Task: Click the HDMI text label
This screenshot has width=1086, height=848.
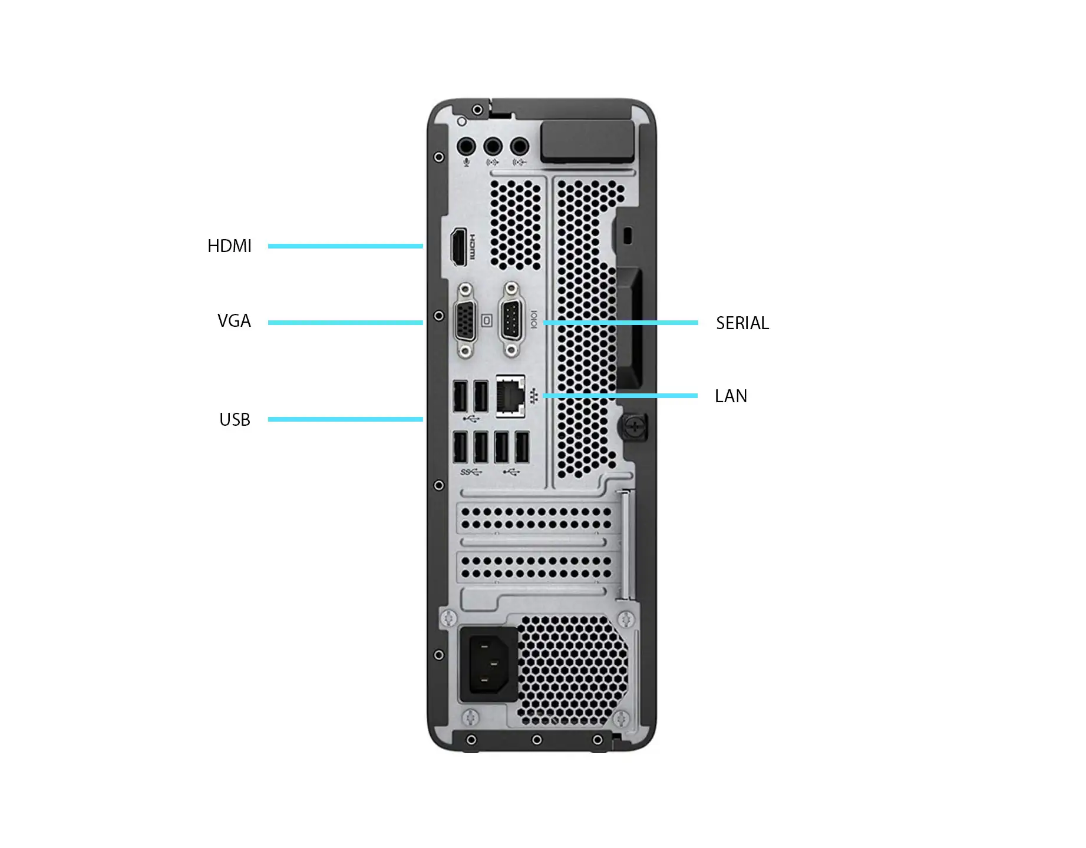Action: (229, 246)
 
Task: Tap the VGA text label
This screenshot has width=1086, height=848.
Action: (234, 321)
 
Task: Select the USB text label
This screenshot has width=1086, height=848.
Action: (235, 420)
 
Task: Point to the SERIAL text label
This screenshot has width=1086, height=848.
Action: (742, 323)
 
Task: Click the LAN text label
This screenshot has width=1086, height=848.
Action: (731, 396)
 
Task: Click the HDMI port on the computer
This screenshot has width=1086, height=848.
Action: (458, 247)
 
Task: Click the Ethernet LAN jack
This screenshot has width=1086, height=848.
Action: (510, 396)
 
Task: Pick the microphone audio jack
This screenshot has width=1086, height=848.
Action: (466, 146)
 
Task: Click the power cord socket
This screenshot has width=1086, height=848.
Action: (488, 664)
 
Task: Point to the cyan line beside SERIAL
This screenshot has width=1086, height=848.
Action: (620, 323)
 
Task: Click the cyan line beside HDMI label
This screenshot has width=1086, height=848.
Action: (345, 246)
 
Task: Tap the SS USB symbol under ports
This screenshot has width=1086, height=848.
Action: (471, 472)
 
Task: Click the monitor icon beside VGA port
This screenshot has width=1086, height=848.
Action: (487, 320)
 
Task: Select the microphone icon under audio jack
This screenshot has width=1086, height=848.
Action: (467, 162)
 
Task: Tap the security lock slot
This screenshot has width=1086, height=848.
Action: (627, 236)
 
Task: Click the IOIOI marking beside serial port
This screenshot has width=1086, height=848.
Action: (534, 320)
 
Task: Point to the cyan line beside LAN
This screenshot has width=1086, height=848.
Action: (620, 396)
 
